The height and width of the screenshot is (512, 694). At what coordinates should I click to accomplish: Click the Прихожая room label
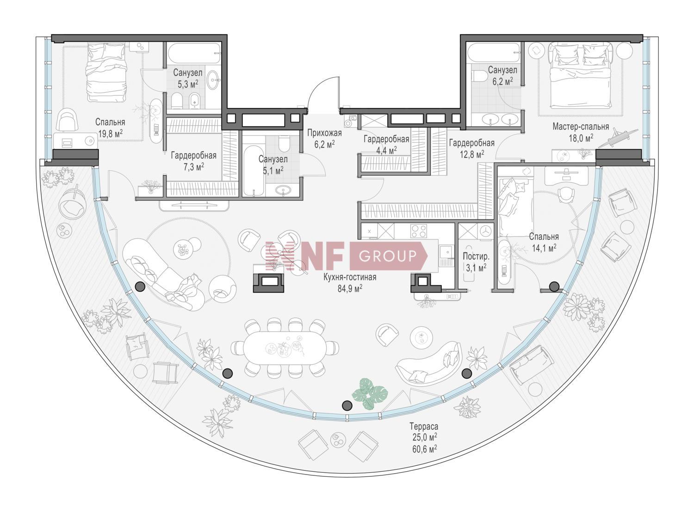(x=324, y=133)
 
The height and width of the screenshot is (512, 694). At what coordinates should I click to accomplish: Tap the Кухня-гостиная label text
(x=350, y=277)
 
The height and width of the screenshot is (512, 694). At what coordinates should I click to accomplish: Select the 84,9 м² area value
(x=350, y=288)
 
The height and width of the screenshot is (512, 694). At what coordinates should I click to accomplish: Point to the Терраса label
(x=424, y=426)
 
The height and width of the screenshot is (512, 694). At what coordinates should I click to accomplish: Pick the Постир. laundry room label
(x=476, y=256)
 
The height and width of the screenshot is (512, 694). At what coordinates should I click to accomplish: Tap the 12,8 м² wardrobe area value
(x=472, y=154)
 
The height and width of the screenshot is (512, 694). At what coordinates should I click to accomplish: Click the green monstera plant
(x=370, y=393)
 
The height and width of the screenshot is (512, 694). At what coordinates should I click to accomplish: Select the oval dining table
(x=285, y=348)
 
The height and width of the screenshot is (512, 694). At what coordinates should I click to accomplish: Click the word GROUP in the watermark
(x=388, y=256)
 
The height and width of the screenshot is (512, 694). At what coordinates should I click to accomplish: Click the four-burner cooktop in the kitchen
(x=419, y=231)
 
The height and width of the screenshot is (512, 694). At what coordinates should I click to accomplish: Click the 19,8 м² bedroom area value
(x=110, y=134)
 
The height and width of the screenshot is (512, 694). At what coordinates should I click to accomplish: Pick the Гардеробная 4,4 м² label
(x=386, y=144)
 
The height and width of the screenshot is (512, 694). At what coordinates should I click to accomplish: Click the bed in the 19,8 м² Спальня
(x=106, y=73)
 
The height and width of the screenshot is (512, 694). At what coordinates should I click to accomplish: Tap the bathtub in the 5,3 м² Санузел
(x=194, y=53)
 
